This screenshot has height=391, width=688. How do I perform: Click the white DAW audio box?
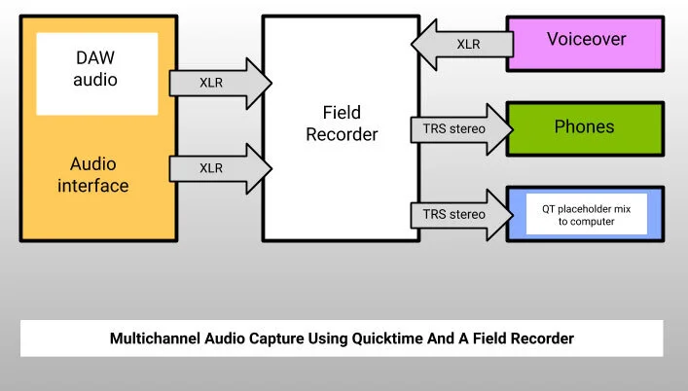(96, 73)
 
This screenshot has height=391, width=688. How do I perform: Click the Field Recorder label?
(341, 124)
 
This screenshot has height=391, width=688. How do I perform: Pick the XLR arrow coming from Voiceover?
(461, 44)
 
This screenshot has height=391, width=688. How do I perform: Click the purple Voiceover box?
(586, 41)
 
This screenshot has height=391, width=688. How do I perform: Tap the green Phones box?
(584, 127)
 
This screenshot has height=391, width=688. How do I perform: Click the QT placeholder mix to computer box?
(586, 214)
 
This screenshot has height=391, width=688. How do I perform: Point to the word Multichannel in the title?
(154, 339)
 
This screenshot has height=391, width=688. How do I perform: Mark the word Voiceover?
(586, 41)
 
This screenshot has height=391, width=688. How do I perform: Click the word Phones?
(584, 127)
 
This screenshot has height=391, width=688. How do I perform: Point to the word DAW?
(95, 59)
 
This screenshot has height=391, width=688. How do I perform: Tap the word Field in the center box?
(341, 113)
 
